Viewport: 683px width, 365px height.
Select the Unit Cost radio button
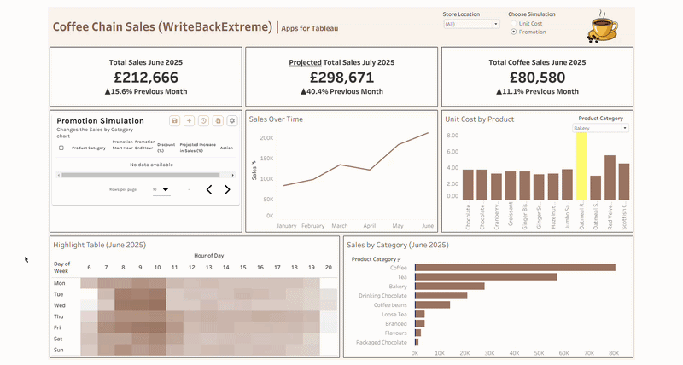click(x=513, y=23)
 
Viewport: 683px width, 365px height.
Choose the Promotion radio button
click(x=513, y=32)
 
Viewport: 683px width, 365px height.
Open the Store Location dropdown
click(x=471, y=24)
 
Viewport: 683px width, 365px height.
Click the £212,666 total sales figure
click(x=145, y=77)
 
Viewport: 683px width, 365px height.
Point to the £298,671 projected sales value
click(x=341, y=77)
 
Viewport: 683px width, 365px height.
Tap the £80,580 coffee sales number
click(x=537, y=77)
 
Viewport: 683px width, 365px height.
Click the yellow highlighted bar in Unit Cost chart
click(x=581, y=165)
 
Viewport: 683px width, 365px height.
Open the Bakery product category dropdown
click(x=600, y=128)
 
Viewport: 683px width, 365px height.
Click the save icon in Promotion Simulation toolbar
click(x=175, y=121)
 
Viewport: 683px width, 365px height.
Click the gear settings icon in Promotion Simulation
click(x=231, y=121)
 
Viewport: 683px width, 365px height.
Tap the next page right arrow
click(x=227, y=189)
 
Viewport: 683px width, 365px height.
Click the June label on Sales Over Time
click(x=428, y=226)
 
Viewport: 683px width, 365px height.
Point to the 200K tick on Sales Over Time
click(x=266, y=137)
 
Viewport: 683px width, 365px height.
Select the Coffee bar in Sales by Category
click(x=515, y=267)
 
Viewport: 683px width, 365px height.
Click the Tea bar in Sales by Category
click(x=486, y=276)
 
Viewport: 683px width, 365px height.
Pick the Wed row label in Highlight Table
click(x=60, y=304)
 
